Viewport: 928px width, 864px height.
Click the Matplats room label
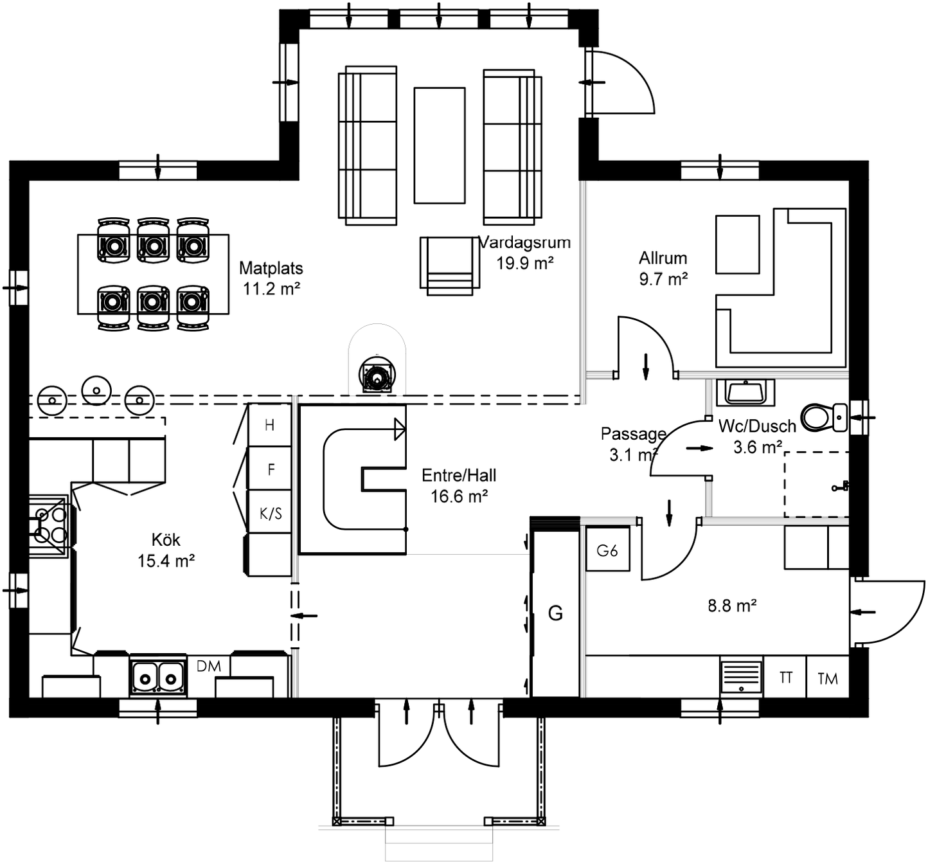(271, 269)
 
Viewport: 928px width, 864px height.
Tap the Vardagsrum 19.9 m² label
(525, 252)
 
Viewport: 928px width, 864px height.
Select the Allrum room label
(663, 258)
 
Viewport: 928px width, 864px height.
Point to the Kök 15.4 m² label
(166, 550)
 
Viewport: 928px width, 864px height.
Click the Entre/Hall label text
(459, 476)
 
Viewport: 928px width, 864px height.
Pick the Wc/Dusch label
(757, 426)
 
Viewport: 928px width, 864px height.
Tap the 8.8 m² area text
(732, 606)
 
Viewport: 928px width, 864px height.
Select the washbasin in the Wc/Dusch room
(745, 392)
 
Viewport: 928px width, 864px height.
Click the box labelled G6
(607, 550)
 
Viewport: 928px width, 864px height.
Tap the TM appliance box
(827, 678)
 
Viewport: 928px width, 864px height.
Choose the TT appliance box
(785, 678)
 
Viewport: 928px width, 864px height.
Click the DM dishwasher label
(208, 667)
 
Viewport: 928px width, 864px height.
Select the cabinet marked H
(270, 425)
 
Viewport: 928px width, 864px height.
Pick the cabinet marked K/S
(270, 513)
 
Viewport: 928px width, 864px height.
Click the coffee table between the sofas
(439, 145)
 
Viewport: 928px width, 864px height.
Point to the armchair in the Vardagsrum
(449, 265)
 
